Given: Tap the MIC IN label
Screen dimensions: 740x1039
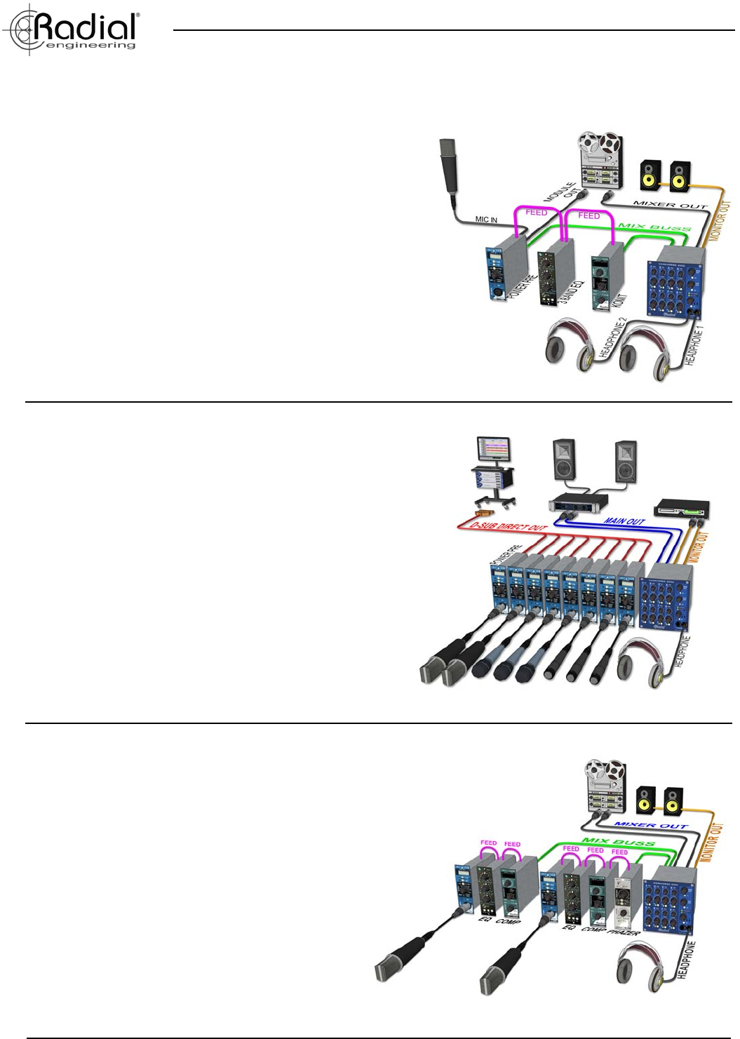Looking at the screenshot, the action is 486,220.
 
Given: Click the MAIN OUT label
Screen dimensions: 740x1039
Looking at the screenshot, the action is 624,521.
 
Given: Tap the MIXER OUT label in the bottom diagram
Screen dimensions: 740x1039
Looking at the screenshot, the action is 650,825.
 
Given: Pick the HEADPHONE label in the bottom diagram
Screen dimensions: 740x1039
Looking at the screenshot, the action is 688,961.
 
